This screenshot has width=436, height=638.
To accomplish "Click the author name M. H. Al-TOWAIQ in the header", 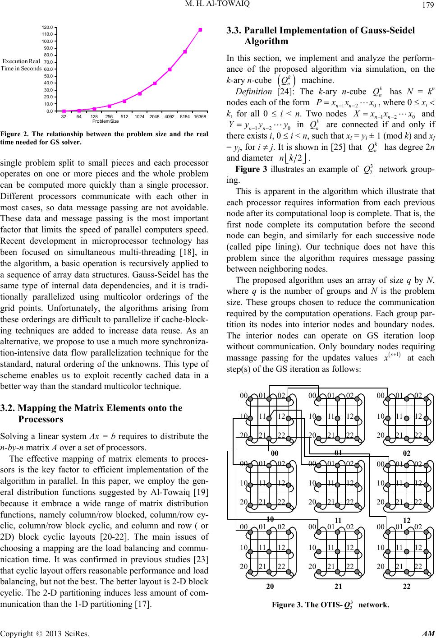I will pyautogui.click(x=218, y=5).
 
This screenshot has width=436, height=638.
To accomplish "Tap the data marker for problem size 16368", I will pyautogui.click(x=200, y=30).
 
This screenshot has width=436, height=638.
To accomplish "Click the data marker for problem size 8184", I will pyautogui.click(x=185, y=51).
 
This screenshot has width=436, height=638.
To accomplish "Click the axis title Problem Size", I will pyautogui.click(x=105, y=121).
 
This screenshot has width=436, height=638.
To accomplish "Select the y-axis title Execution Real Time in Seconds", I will pyautogui.click(x=21, y=65).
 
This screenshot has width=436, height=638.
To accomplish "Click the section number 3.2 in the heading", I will pyautogui.click(x=8, y=408).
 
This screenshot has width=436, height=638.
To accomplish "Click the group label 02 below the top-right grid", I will pyautogui.click(x=406, y=453).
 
